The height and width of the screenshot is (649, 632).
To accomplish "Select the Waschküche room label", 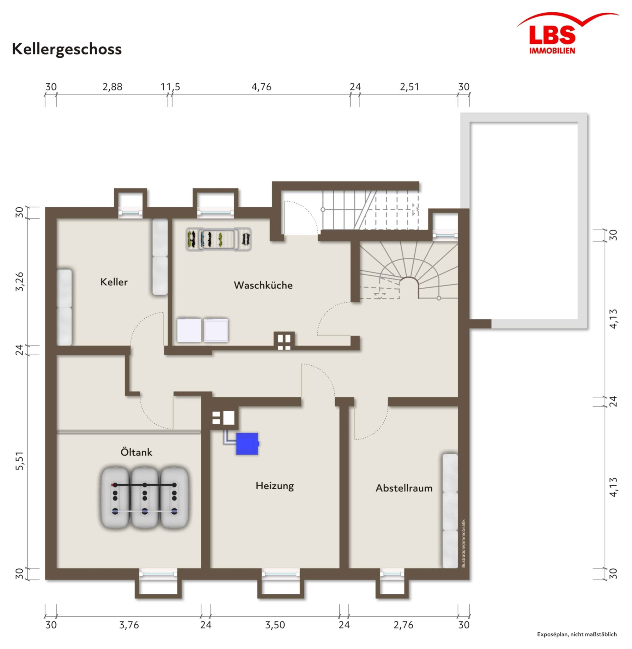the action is (263, 285).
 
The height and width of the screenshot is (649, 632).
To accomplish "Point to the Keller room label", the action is (114, 282).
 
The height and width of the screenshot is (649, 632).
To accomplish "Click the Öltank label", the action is (137, 452).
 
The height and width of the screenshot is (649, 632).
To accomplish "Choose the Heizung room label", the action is (275, 486).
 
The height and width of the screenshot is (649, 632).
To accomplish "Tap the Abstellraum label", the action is (404, 488).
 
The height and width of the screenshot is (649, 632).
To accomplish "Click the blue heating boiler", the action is (247, 444).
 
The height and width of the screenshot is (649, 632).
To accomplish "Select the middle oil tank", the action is (145, 498).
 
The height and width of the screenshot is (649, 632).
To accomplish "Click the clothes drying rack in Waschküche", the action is (218, 239).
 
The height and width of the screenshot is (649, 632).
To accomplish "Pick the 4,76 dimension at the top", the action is (262, 87).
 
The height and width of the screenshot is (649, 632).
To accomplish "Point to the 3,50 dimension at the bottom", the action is (275, 625).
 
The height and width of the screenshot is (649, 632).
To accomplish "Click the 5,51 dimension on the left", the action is (20, 460).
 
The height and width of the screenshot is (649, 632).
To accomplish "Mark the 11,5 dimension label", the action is (170, 87).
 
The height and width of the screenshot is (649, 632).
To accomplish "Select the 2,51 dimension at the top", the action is (409, 87).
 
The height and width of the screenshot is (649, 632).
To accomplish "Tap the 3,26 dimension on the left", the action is (20, 282).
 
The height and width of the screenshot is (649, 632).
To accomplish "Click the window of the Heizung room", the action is (281, 573).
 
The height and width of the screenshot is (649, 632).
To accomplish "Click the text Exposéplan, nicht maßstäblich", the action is (577, 634).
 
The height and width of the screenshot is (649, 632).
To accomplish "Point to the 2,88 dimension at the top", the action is (112, 87).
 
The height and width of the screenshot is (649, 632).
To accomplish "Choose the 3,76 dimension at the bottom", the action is (129, 625).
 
